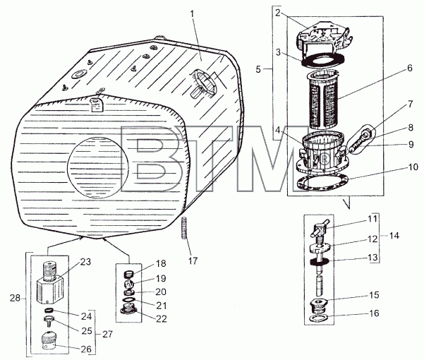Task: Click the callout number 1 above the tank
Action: (193, 14)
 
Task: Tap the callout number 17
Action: (193, 260)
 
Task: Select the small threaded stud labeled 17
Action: (184, 228)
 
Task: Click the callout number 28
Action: (15, 298)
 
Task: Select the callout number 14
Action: (394, 236)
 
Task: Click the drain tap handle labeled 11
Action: (320, 227)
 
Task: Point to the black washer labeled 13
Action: (320, 262)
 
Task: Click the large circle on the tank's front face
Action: (98, 167)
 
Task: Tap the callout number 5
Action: (258, 69)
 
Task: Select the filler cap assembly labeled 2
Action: (325, 37)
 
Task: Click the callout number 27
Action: (107, 335)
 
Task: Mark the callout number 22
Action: (162, 318)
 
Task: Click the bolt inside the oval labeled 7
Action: (359, 141)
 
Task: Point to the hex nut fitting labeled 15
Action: (319, 305)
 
